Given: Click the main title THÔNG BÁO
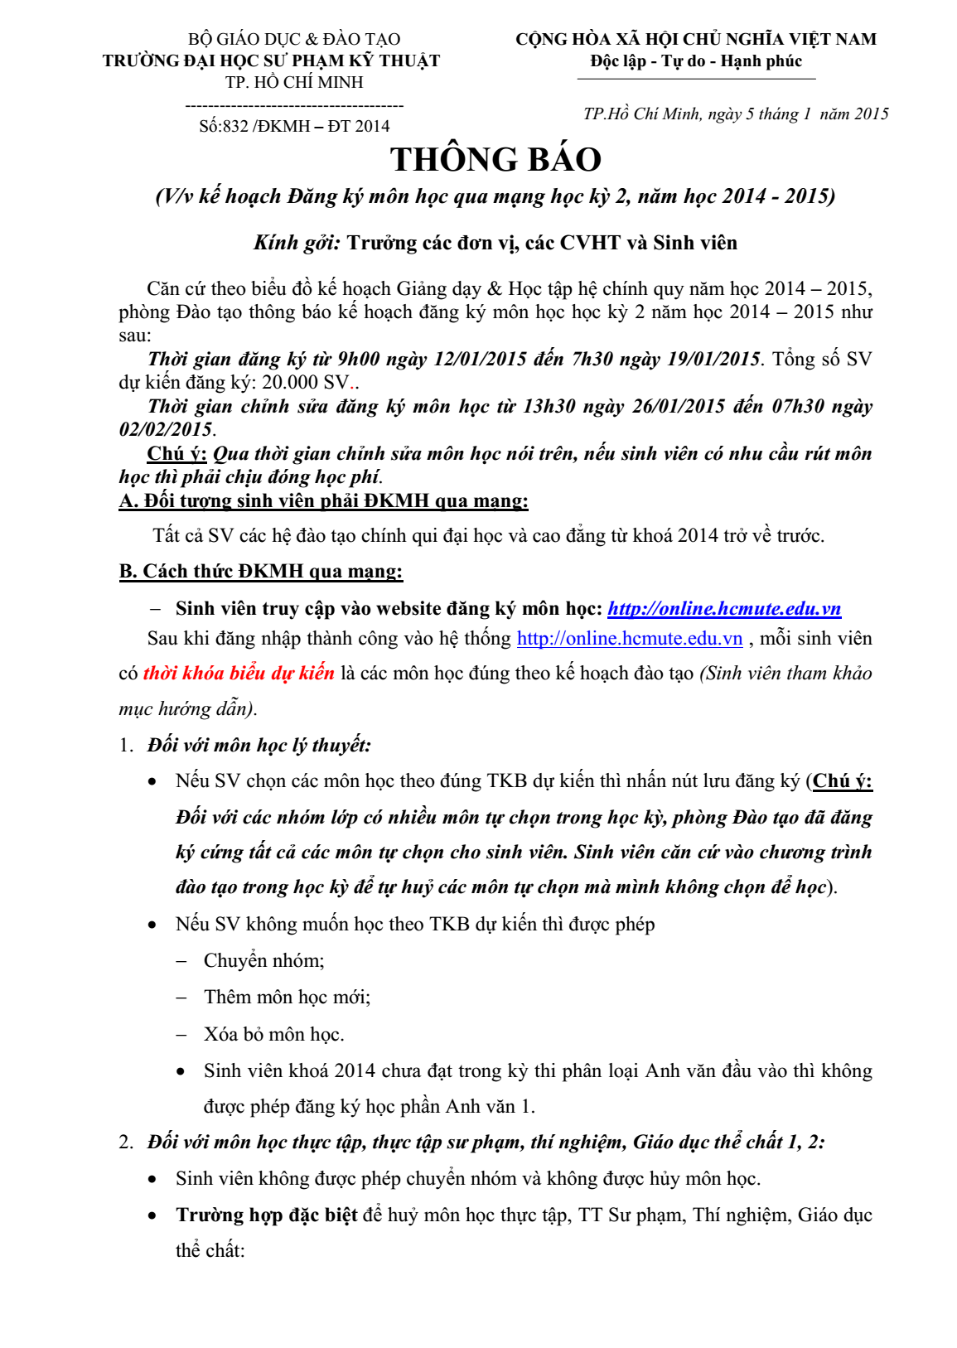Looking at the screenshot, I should pos(495,160).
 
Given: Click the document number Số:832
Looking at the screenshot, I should pos(224,126).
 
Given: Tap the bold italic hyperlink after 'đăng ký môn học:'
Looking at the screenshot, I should pos(724,609).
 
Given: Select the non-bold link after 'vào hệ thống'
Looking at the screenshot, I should pos(630,639).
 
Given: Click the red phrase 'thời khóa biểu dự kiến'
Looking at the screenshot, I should pos(239,673).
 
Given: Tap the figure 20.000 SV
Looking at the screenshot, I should pos(306,383).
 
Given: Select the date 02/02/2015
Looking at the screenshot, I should pos(166,429).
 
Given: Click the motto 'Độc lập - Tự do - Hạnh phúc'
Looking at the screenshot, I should pos(696,61).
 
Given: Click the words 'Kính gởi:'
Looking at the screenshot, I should pos(297,243).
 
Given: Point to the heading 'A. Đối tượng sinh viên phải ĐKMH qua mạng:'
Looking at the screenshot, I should pos(323,501).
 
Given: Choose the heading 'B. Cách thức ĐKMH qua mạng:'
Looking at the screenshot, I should pos(261,572).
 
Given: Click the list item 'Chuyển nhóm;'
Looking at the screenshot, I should pos(264,961).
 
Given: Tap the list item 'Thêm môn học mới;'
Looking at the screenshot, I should pos(287,998).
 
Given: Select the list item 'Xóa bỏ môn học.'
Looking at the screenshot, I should pos(274,1034).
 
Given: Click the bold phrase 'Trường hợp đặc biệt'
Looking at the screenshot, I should pos(266,1215).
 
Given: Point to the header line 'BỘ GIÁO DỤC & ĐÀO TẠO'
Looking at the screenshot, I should pos(294,39).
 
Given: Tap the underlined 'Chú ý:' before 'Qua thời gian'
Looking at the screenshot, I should pos(176,454).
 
